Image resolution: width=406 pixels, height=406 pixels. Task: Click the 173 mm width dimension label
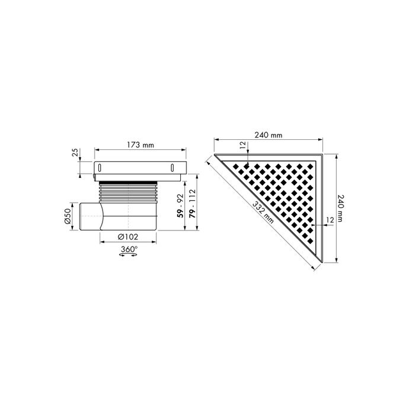click(140, 145)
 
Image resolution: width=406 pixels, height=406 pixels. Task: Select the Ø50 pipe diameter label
click(68, 217)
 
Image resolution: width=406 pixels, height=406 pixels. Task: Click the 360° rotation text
click(128, 250)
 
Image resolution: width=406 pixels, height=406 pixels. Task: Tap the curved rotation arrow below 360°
click(128, 256)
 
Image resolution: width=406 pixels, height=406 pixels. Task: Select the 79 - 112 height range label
click(191, 204)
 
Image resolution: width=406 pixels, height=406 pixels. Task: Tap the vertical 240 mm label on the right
click(340, 209)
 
